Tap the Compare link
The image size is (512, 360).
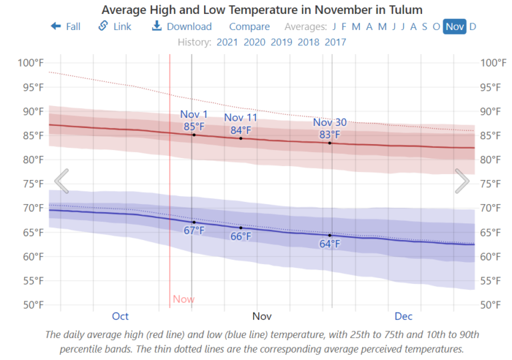click(249, 27)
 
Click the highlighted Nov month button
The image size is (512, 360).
click(455, 27)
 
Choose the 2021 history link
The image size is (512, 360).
click(227, 42)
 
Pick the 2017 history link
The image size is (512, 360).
click(335, 42)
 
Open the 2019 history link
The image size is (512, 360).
click(281, 42)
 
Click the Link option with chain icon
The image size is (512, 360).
click(115, 27)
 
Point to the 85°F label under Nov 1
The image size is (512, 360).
click(194, 126)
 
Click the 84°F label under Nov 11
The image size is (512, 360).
click(241, 130)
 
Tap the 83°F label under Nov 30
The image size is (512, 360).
click(329, 134)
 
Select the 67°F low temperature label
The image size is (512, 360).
click(194, 231)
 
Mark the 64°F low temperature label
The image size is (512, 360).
click(329, 244)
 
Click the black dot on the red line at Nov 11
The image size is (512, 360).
click(241, 138)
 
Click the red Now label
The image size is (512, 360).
click(183, 299)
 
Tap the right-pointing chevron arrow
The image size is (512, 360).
click(462, 181)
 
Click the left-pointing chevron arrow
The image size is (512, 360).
click(61, 181)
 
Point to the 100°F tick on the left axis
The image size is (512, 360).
click(31, 63)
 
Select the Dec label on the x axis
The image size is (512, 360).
click(403, 316)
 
